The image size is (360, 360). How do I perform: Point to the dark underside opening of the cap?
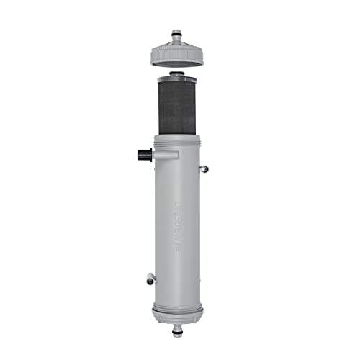(x=176, y=63)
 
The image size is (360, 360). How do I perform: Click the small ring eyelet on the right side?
(x=204, y=168)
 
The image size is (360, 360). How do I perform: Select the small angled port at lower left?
(x=150, y=279)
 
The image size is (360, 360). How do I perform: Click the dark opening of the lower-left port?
(x=147, y=278)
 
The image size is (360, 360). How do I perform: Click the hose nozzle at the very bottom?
(x=177, y=331)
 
